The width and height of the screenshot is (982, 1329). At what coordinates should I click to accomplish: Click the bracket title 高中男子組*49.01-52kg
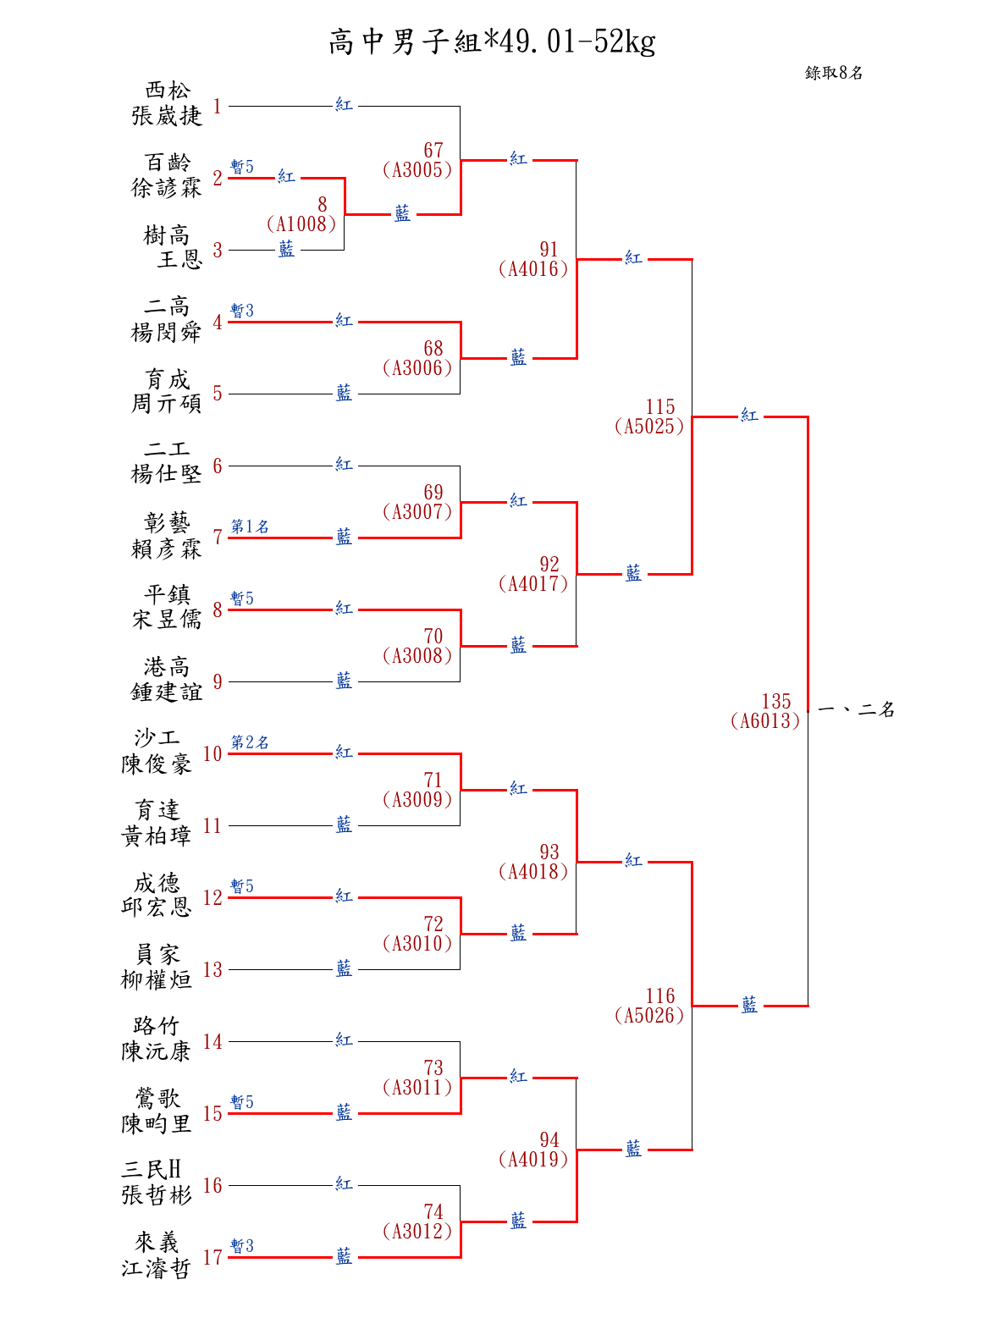tap(492, 41)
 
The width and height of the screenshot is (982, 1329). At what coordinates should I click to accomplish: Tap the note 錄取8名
tap(834, 73)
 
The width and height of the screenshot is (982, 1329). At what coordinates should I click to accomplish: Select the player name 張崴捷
tap(167, 116)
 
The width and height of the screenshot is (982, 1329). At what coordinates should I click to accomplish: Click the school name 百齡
tap(168, 162)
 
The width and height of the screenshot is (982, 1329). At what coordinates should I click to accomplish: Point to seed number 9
tap(218, 682)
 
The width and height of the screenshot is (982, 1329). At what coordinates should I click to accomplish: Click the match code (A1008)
tap(301, 224)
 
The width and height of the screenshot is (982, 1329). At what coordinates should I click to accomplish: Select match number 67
tap(433, 150)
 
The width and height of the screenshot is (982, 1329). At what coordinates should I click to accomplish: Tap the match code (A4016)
tap(533, 269)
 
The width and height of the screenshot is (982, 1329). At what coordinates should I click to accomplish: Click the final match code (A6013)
tap(765, 721)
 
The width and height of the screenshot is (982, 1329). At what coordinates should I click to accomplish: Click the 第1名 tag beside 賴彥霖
tap(250, 527)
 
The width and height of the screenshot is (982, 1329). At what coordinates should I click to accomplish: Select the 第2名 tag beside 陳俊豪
tap(250, 742)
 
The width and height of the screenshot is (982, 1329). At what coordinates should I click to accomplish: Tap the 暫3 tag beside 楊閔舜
tap(242, 311)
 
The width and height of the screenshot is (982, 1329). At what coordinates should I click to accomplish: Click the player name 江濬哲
tap(157, 1268)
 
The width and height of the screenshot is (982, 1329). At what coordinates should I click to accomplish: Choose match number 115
tap(660, 407)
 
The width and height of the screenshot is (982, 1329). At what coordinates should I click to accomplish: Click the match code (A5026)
tap(649, 1016)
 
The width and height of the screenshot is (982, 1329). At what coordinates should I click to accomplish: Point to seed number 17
tap(212, 1258)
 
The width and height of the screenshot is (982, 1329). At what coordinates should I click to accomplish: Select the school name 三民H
tap(152, 1170)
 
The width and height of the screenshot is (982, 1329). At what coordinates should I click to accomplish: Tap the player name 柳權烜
tap(157, 980)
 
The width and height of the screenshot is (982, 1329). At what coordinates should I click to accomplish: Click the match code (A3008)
tap(417, 656)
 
